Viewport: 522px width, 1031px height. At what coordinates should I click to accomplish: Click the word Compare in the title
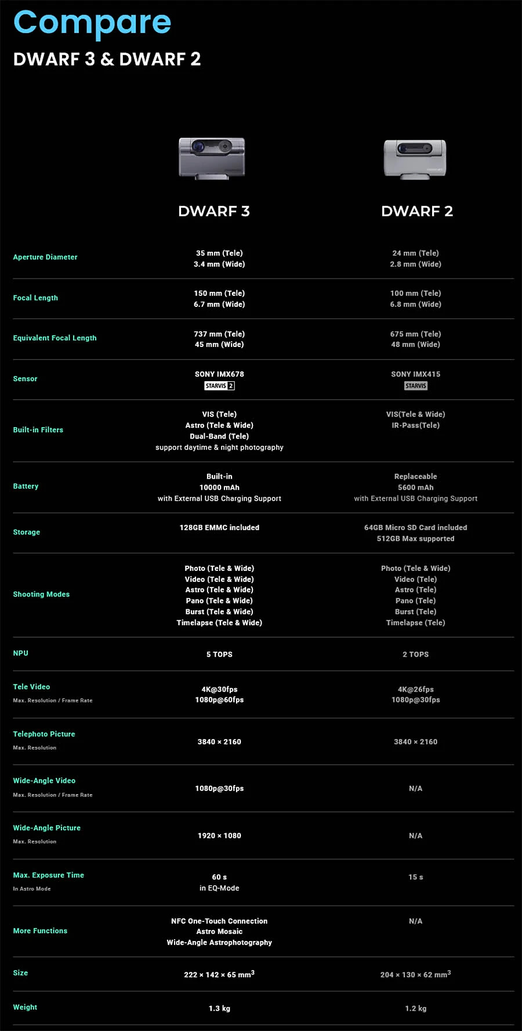(x=92, y=23)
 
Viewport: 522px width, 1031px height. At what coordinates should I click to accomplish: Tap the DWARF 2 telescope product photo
(x=415, y=158)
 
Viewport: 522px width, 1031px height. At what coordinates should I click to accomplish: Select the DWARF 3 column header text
(x=214, y=211)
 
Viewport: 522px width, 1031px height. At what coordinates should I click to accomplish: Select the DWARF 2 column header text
(x=417, y=211)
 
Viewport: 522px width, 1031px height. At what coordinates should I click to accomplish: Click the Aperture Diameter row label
(x=45, y=257)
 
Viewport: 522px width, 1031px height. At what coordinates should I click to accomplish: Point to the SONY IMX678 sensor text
(x=219, y=374)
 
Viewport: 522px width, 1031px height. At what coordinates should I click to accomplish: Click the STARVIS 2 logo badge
(x=219, y=386)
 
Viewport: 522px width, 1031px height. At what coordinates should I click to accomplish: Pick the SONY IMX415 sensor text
(x=415, y=374)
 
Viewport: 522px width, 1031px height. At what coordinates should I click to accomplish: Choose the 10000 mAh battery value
(x=219, y=487)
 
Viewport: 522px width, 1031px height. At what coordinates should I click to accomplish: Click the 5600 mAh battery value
(x=415, y=487)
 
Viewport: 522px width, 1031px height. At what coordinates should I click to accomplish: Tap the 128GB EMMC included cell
(x=219, y=527)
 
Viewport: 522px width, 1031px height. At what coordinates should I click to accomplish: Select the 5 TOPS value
(x=219, y=654)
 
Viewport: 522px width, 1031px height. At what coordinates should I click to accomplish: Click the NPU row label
(x=21, y=653)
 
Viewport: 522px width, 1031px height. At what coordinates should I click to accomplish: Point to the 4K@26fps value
(x=415, y=689)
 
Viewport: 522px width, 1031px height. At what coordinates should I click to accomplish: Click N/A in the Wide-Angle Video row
(x=415, y=788)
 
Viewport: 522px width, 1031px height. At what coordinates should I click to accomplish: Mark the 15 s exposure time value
(x=415, y=877)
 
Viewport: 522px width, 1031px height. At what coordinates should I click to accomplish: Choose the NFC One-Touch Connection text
(x=219, y=921)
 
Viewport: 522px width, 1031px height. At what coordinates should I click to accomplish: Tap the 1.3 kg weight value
(x=219, y=1008)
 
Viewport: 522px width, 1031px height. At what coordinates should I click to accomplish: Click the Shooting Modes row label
(x=41, y=594)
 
